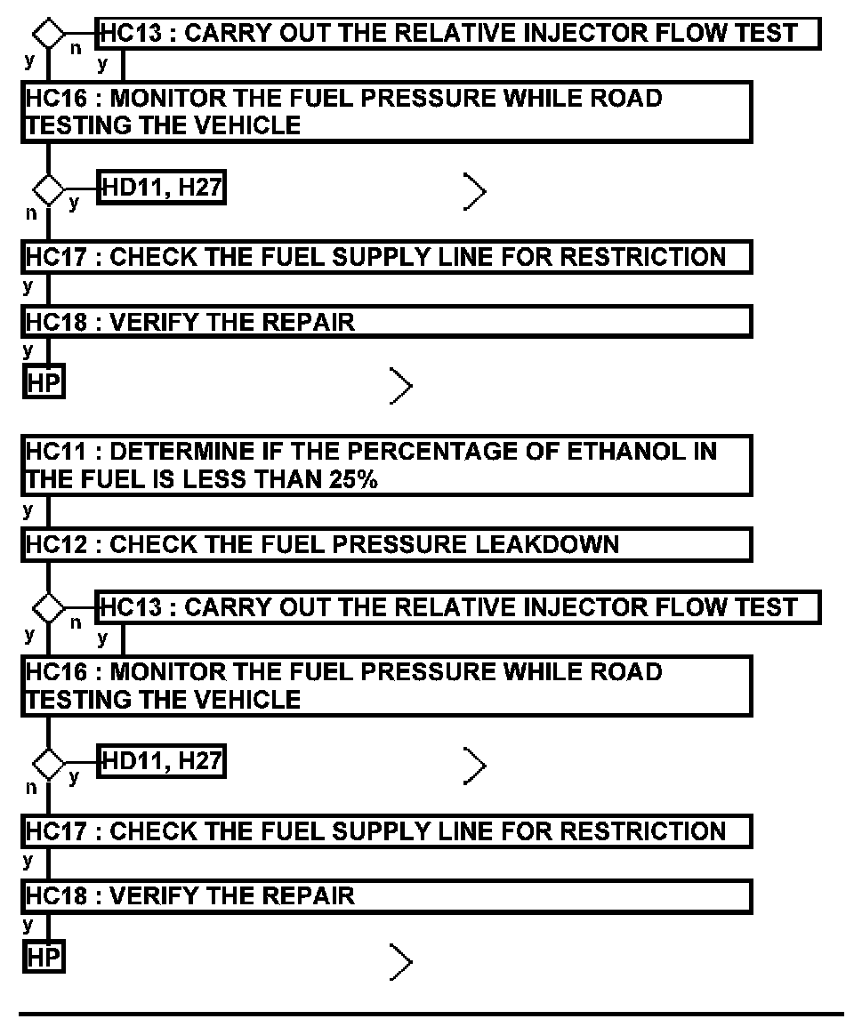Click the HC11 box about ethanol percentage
coord(387,465)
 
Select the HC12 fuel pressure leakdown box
coord(387,544)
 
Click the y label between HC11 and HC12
coord(28,511)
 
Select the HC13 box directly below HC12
coord(457,608)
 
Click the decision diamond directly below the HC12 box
coord(48,608)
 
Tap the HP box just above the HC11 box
coord(44,384)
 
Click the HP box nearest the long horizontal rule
coord(44,958)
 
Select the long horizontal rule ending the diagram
coord(431,1013)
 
